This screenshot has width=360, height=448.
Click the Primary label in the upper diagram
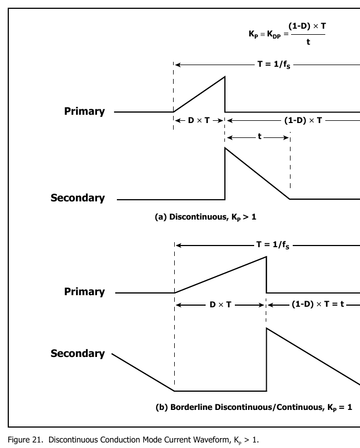pyautogui.click(x=84, y=111)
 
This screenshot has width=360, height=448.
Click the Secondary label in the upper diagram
pyautogui.click(x=78, y=198)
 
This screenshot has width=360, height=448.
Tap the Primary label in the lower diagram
pyautogui.click(x=84, y=292)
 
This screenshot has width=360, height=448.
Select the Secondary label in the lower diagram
pyautogui.click(x=78, y=354)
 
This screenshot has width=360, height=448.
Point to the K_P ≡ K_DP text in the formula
pyautogui.click(x=265, y=34)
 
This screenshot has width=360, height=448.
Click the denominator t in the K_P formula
pyautogui.click(x=308, y=42)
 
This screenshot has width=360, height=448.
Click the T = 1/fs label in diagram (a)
pyautogui.click(x=274, y=65)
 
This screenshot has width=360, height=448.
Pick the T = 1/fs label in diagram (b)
pyautogui.click(x=273, y=245)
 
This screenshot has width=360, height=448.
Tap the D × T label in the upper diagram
pyautogui.click(x=199, y=120)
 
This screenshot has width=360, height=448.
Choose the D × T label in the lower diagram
pyautogui.click(x=221, y=305)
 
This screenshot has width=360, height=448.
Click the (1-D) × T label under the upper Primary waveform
pyautogui.click(x=303, y=120)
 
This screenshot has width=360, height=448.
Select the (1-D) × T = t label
pyautogui.click(x=318, y=304)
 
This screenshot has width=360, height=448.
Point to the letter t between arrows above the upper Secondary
pyautogui.click(x=260, y=137)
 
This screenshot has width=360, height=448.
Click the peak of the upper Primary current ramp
pyautogui.click(x=225, y=77)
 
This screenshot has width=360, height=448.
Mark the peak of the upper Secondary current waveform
pyautogui.click(x=225, y=148)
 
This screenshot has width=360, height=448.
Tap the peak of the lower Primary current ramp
pyautogui.click(x=266, y=257)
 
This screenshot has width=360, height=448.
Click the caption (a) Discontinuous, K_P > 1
pyautogui.click(x=206, y=217)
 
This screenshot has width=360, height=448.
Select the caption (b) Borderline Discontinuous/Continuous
pyautogui.click(x=254, y=407)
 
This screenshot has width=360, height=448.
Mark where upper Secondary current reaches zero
pyautogui.click(x=289, y=199)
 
